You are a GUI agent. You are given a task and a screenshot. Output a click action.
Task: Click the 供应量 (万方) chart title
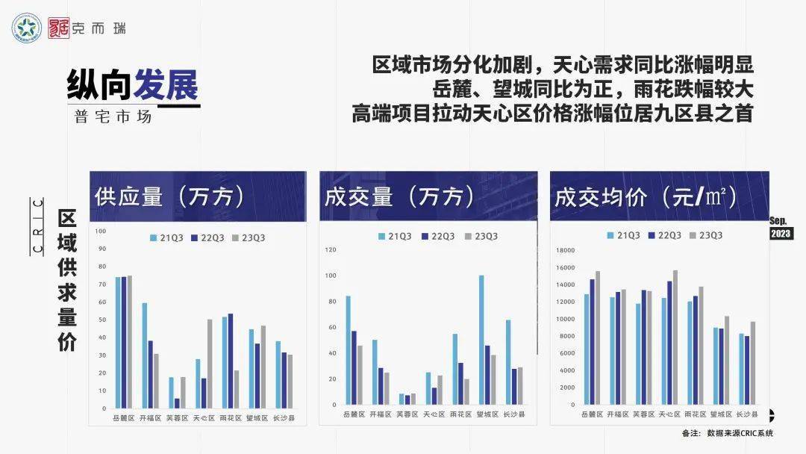pyautogui.click(x=170, y=196)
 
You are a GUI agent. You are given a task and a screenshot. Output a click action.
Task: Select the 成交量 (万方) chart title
pyautogui.click(x=399, y=196)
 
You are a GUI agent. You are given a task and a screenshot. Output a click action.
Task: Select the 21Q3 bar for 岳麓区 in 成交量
pyautogui.click(x=348, y=350)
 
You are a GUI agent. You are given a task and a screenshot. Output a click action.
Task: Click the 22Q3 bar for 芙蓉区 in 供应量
pyautogui.click(x=177, y=403)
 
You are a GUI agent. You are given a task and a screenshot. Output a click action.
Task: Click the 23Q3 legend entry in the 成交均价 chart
pyautogui.click(x=705, y=235)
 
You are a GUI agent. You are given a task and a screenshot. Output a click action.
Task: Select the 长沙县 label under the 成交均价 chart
pyautogui.click(x=746, y=414)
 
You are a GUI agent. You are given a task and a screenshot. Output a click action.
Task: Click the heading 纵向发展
pyautogui.click(x=133, y=87)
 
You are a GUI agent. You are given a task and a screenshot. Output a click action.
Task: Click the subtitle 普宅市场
pyautogui.click(x=113, y=117)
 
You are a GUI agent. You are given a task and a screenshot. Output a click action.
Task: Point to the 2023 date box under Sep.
pyautogui.click(x=781, y=234)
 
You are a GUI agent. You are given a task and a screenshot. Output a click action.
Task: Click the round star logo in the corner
pyautogui.click(x=28, y=28)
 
